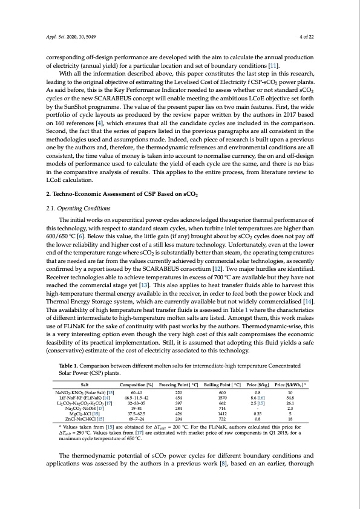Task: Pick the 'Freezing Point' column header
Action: pos(178,384)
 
